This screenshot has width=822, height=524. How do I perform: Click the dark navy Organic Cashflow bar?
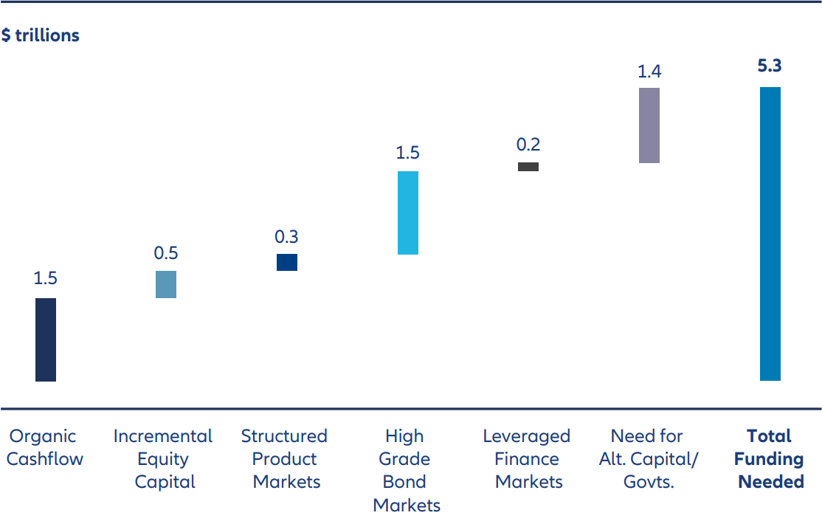pos(46,339)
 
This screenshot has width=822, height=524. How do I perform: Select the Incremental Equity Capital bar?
pos(166,284)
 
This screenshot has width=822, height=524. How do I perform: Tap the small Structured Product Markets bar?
pos(287,262)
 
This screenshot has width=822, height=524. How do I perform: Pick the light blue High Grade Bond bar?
pos(408,213)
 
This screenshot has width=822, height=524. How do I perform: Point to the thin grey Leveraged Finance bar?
pos(528,167)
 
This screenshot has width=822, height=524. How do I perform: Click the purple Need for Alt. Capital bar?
pos(649,125)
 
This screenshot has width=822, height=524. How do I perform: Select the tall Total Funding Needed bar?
pos(770,234)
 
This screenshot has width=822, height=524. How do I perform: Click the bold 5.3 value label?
pos(770,66)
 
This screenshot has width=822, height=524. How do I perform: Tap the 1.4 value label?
pos(649,72)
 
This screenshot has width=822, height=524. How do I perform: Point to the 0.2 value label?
pos(528,145)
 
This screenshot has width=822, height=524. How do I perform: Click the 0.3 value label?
pos(287,237)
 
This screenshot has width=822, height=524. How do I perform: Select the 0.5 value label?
pos(166,253)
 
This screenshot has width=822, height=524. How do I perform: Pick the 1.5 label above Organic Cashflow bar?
pos(46,278)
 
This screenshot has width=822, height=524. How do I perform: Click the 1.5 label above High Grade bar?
pos(407,153)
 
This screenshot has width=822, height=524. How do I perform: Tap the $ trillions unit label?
pos(41,35)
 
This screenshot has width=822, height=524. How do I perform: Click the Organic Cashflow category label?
pos(45,447)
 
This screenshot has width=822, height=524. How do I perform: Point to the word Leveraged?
pos(527,436)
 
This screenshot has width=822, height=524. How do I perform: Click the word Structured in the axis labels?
pos(284,436)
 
